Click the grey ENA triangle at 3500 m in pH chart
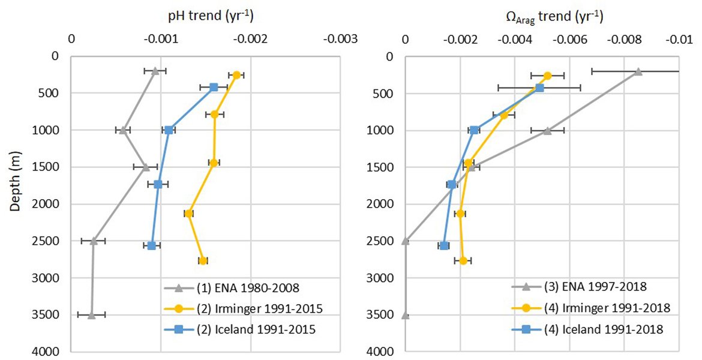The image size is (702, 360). click(x=91, y=315)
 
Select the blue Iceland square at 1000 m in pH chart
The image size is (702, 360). click(x=169, y=130)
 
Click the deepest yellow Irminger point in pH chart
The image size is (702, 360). click(x=203, y=260)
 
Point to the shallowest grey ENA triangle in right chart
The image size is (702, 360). click(x=638, y=71)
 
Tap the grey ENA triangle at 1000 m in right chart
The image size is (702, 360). click(x=547, y=130)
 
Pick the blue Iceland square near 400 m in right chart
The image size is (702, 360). click(x=539, y=88)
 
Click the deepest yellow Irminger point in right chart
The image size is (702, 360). click(x=463, y=260)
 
